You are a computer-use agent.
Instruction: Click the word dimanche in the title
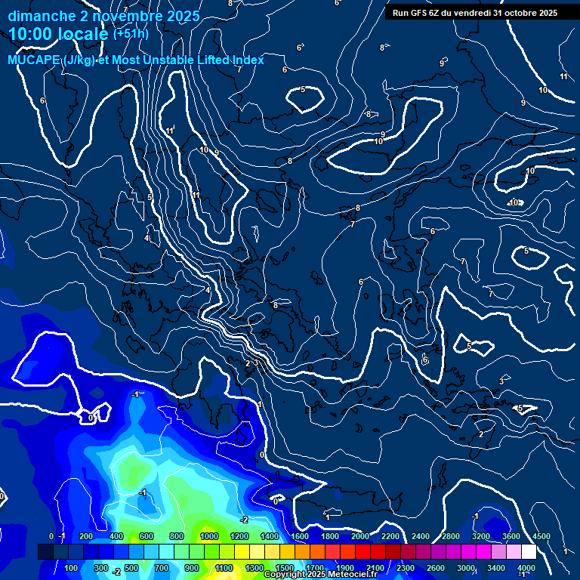(x=39, y=16)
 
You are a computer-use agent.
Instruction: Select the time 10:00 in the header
(x=32, y=34)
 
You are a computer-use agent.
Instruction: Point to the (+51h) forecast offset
(x=131, y=34)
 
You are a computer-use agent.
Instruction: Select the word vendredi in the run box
(x=473, y=13)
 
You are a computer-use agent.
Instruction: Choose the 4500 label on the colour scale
(x=541, y=536)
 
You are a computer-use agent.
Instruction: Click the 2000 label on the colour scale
(x=359, y=536)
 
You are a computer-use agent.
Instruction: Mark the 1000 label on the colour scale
(x=209, y=536)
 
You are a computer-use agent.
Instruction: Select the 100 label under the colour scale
(x=72, y=568)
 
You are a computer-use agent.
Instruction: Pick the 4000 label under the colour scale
(x=526, y=568)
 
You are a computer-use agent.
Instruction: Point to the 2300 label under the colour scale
(x=405, y=568)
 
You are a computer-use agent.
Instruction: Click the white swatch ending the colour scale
(x=529, y=552)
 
